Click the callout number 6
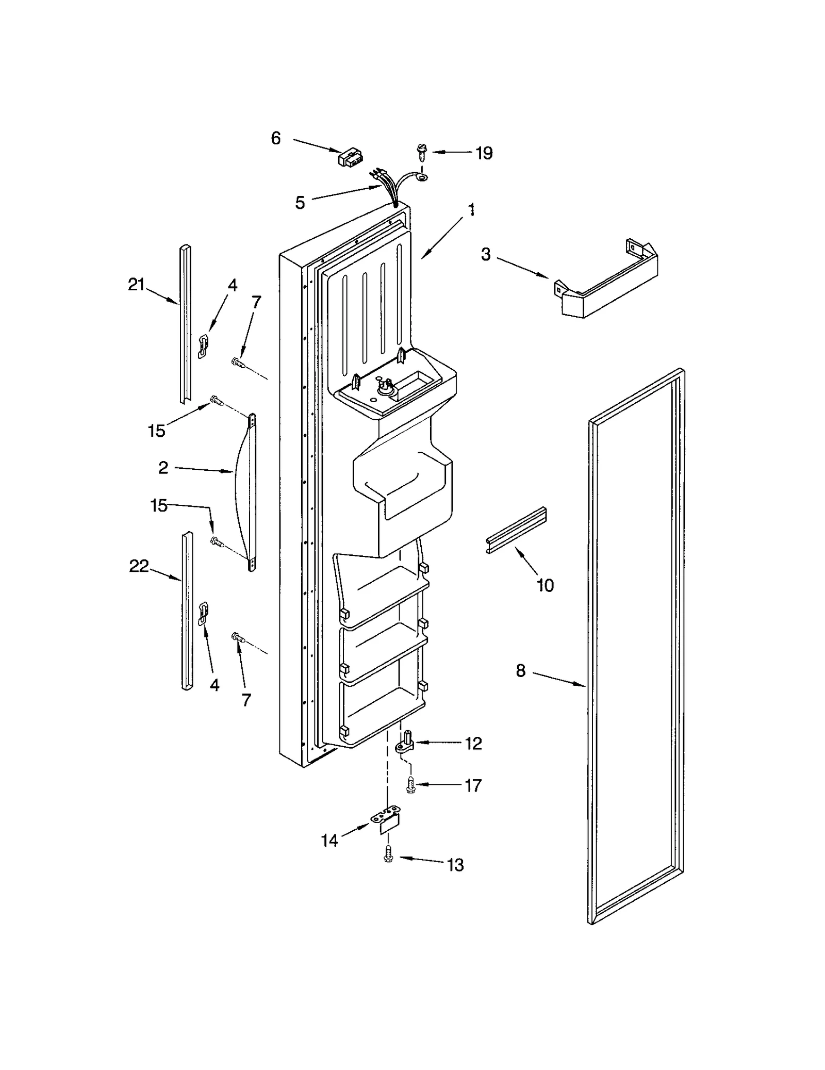[x=276, y=138]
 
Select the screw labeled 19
[x=420, y=152]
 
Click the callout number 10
[x=545, y=585]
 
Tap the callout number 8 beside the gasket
[x=520, y=671]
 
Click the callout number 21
[x=136, y=284]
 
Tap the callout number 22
[x=139, y=566]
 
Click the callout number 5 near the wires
[x=300, y=203]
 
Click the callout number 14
[x=329, y=841]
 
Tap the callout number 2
[x=163, y=468]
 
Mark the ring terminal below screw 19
[x=422, y=178]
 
